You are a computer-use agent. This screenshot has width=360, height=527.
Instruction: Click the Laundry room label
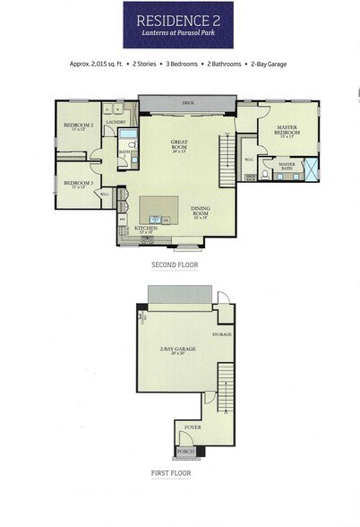115,122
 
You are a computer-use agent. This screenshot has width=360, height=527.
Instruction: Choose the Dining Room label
201,212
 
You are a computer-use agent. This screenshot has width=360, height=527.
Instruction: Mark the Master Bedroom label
287,133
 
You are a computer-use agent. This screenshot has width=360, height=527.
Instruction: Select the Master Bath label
287,166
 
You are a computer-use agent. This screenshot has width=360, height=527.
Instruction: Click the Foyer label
193,429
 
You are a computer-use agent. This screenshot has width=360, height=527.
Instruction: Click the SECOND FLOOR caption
176,266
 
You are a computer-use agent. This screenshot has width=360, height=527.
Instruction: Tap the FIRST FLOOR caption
171,473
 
